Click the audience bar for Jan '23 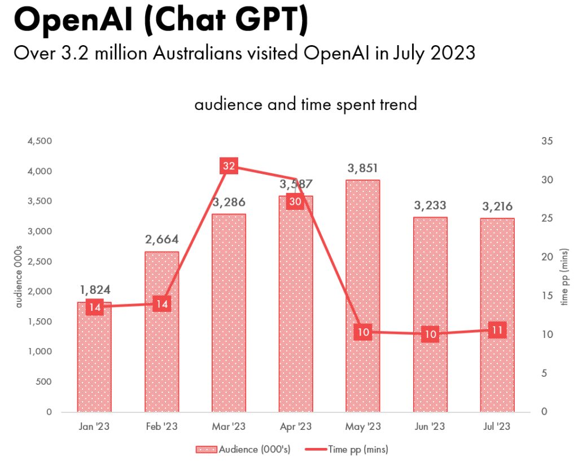[94, 361]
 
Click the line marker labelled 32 [229, 166]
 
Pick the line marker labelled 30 [295, 201]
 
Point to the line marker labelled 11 [497, 330]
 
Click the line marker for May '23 [363, 332]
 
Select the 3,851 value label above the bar [363, 168]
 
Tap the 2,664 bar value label [161, 240]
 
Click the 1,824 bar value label [94, 290]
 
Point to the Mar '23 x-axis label [229, 427]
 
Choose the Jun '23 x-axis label [430, 427]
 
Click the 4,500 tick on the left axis [40, 141]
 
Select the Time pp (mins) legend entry [347, 450]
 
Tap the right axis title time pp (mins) [564, 276]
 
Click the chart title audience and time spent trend [305, 104]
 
